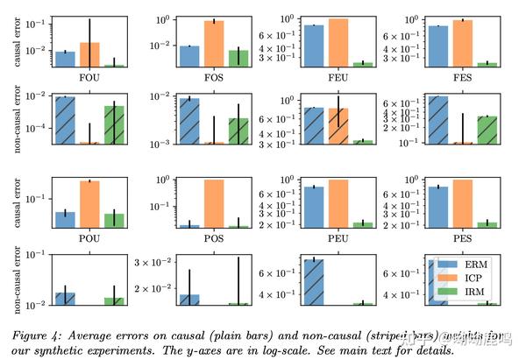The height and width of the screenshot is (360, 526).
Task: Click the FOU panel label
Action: point(89,77)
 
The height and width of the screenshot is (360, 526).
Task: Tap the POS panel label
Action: point(213,238)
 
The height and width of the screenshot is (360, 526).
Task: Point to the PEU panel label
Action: point(338,238)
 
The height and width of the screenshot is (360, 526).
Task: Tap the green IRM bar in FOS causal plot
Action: point(238,58)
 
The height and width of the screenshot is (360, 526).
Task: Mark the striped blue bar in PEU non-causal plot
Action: point(313,281)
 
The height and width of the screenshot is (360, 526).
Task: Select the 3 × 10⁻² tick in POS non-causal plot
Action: point(160,262)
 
